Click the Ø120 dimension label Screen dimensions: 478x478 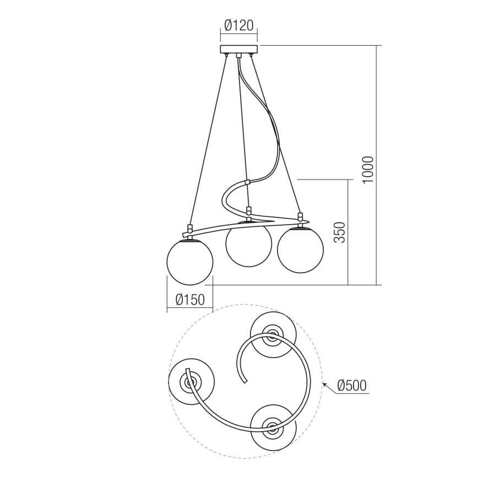point(238,25)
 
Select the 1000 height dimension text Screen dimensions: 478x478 point(368,170)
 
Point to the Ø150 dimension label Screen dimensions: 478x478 point(190,300)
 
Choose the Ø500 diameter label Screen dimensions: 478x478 point(351,385)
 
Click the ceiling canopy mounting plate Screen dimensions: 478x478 point(238,49)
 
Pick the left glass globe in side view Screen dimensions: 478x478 point(189,262)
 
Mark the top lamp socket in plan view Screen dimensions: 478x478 point(272,334)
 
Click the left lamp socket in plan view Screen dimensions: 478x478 point(191,381)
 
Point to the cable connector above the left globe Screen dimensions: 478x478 point(189,228)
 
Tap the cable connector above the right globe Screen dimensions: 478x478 point(300,216)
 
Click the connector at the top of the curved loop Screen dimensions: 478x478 point(247,181)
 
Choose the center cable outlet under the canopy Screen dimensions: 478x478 point(238,56)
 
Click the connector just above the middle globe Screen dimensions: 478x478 point(249,210)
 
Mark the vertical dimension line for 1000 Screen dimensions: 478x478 point(377,165)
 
